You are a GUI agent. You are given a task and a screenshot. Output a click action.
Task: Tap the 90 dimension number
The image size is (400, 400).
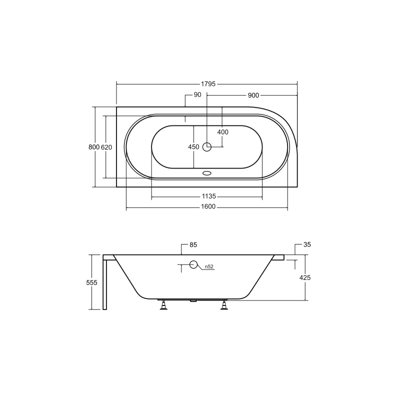pos(197,95)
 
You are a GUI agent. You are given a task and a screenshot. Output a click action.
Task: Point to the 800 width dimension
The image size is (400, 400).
pos(93,147)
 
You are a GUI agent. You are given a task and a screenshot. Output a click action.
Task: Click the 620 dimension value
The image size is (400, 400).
pos(106,147)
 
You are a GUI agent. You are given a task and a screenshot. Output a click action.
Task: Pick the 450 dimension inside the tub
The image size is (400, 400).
pos(193,147)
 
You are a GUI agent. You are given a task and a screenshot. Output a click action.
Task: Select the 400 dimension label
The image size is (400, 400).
pos(222,132)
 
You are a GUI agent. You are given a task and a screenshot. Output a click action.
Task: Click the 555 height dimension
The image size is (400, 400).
pos(91,282)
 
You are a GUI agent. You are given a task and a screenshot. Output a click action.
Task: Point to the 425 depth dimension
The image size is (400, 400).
pos(306,277)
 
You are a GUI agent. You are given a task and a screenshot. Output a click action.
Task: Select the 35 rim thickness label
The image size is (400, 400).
pos(307,245)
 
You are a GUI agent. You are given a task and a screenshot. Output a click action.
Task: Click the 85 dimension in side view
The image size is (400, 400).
pos(193,245)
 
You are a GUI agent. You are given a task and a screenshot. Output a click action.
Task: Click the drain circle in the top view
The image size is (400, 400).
pos(207,147)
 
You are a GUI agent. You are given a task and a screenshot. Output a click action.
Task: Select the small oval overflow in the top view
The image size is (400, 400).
pos(207,174)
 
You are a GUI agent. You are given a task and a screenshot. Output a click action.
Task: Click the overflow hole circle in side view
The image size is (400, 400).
pos(193,265)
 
